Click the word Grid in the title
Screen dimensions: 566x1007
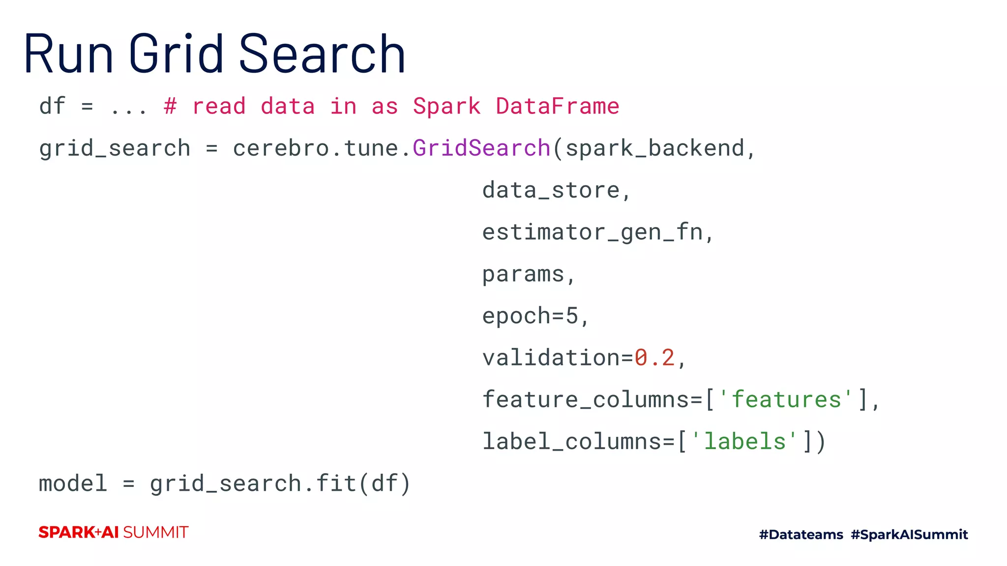coord(176,53)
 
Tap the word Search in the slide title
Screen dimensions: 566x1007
coord(322,53)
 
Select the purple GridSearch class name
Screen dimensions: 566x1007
coord(481,148)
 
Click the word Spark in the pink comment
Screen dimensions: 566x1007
coord(446,106)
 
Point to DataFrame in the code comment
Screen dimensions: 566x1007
coord(557,106)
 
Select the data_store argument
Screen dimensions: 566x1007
coord(551,190)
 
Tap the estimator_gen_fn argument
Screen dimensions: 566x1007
coord(592,232)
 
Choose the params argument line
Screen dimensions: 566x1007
coord(523,274)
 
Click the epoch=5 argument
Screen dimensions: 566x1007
coord(530,316)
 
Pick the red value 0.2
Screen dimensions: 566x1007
coord(654,358)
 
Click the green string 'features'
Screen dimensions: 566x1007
coord(786,399)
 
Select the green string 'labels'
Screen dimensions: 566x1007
coord(744,441)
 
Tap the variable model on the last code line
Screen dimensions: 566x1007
coord(73,483)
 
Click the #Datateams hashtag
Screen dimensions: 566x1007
coord(801,535)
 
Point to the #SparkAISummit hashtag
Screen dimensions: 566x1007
coord(909,535)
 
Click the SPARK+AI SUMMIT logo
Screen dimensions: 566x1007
coord(114,532)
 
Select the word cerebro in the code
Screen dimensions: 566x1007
coord(281,148)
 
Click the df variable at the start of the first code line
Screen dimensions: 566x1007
coord(52,106)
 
